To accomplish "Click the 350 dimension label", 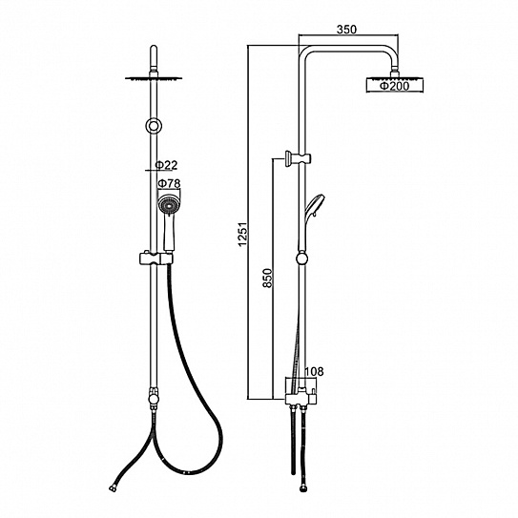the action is pyautogui.click(x=346, y=30).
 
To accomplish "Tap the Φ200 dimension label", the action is pyautogui.click(x=394, y=86).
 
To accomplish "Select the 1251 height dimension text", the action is pyautogui.click(x=243, y=235).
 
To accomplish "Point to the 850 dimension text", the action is pyautogui.click(x=268, y=279).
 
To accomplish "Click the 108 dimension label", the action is pyautogui.click(x=314, y=372).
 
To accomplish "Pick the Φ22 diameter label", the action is pyautogui.click(x=167, y=165).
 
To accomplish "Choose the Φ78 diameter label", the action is pyautogui.click(x=169, y=183).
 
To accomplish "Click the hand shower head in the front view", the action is pyautogui.click(x=169, y=205).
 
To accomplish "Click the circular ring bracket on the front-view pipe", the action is pyautogui.click(x=154, y=126).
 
